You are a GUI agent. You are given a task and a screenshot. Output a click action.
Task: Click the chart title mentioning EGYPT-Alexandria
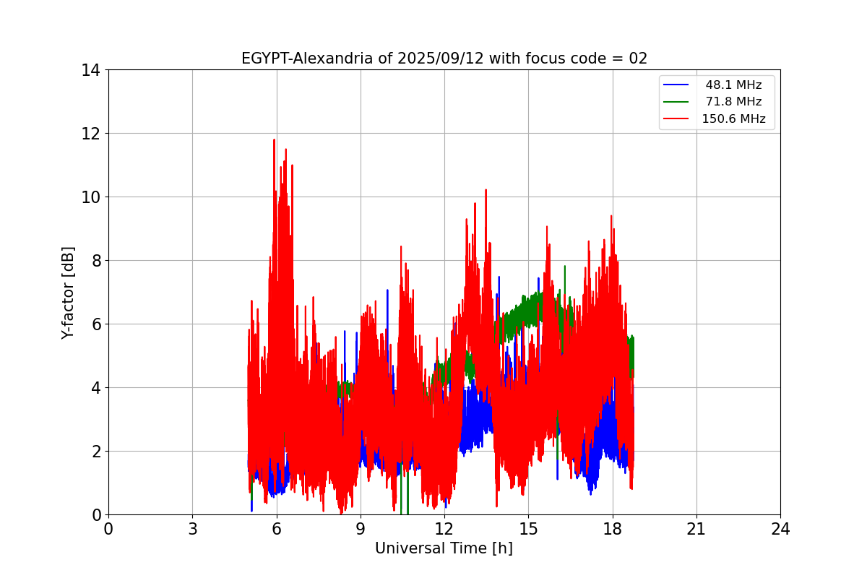(444, 59)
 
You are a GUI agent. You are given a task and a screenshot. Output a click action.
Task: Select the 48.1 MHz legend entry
(733, 85)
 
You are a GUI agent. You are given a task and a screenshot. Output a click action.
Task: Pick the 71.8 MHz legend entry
(733, 102)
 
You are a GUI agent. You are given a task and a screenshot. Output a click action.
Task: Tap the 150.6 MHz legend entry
(733, 119)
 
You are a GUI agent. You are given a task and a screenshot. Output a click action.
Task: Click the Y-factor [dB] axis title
(68, 293)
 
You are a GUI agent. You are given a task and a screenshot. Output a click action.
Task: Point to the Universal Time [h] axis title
(444, 548)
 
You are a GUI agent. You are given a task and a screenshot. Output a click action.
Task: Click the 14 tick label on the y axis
(90, 70)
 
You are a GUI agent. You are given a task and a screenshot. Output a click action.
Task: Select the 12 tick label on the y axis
(90, 134)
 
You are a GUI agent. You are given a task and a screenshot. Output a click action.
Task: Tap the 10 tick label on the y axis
(90, 197)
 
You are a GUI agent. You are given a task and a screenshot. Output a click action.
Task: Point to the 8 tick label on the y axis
(95, 261)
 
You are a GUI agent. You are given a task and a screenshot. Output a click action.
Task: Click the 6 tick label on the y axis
(95, 324)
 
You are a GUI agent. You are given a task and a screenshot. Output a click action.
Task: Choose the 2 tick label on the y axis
(95, 452)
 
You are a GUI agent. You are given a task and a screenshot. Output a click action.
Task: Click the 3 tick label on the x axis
(192, 529)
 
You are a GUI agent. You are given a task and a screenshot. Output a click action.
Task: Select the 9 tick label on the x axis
(361, 529)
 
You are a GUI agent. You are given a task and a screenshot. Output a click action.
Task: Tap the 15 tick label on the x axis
(528, 529)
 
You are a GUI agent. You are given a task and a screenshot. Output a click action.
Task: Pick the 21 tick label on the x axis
(696, 529)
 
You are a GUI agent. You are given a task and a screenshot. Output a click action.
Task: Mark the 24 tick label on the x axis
(780, 529)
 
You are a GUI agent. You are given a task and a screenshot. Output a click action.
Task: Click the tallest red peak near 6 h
(275, 140)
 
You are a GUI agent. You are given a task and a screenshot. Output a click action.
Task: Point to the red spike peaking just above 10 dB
(486, 191)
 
